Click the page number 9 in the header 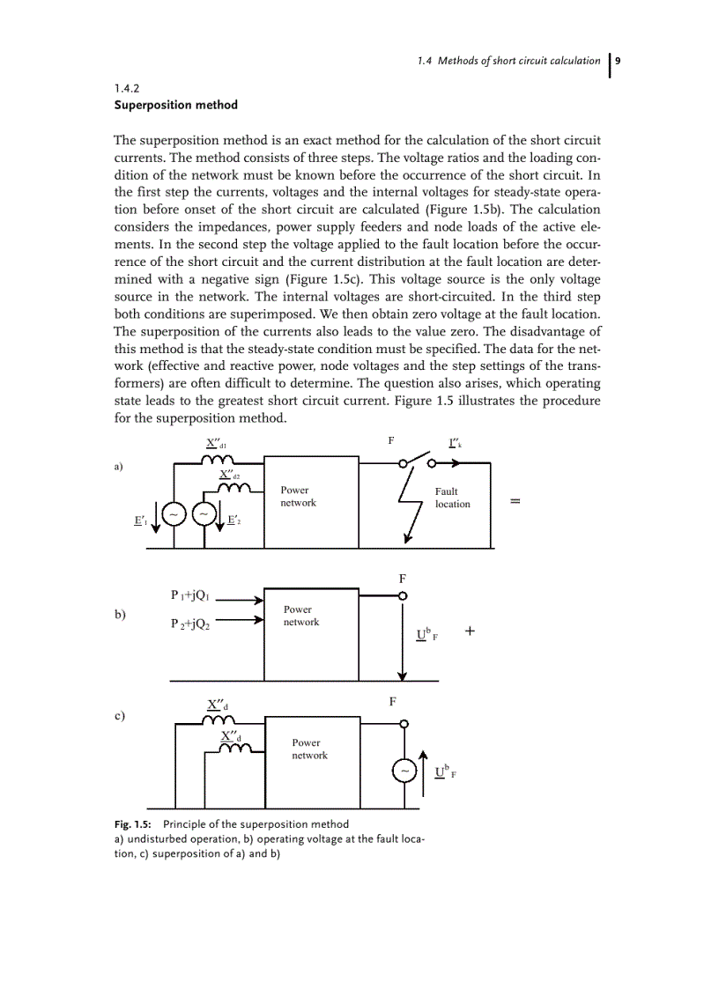(619, 61)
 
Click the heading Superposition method (175, 105)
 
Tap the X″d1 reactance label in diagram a (216, 443)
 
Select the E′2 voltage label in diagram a (233, 521)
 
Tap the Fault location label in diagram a (452, 498)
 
